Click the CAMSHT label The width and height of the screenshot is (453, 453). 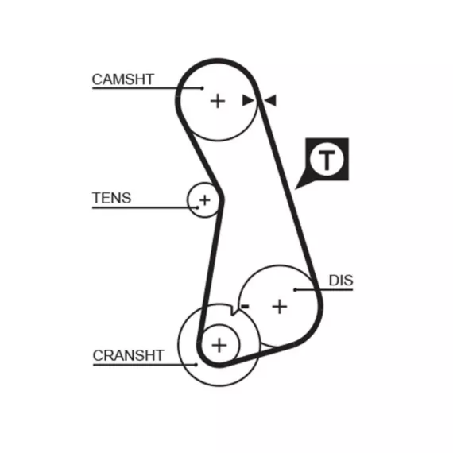[122, 79]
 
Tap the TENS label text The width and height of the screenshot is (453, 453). [111, 198]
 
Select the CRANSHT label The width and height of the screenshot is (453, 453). [128, 355]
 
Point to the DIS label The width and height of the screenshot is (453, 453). [341, 281]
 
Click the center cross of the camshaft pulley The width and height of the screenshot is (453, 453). [218, 101]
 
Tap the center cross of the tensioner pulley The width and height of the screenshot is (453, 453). [204, 200]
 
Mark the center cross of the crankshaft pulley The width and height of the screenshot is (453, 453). [219, 345]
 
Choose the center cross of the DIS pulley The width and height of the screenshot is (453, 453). [280, 307]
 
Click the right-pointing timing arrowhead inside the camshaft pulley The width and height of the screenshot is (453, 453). [248, 100]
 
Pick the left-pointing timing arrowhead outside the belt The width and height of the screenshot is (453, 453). [271, 100]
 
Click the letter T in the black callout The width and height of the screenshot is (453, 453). [327, 159]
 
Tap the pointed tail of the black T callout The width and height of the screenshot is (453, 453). [296, 189]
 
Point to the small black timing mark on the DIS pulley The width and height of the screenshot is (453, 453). [245, 306]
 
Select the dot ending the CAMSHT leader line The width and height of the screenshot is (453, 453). [203, 88]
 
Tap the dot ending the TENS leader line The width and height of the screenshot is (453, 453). [198, 207]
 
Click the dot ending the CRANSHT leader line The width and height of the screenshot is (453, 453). [196, 365]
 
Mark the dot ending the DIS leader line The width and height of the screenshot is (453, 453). [295, 290]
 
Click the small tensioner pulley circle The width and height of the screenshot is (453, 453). [188, 200]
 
